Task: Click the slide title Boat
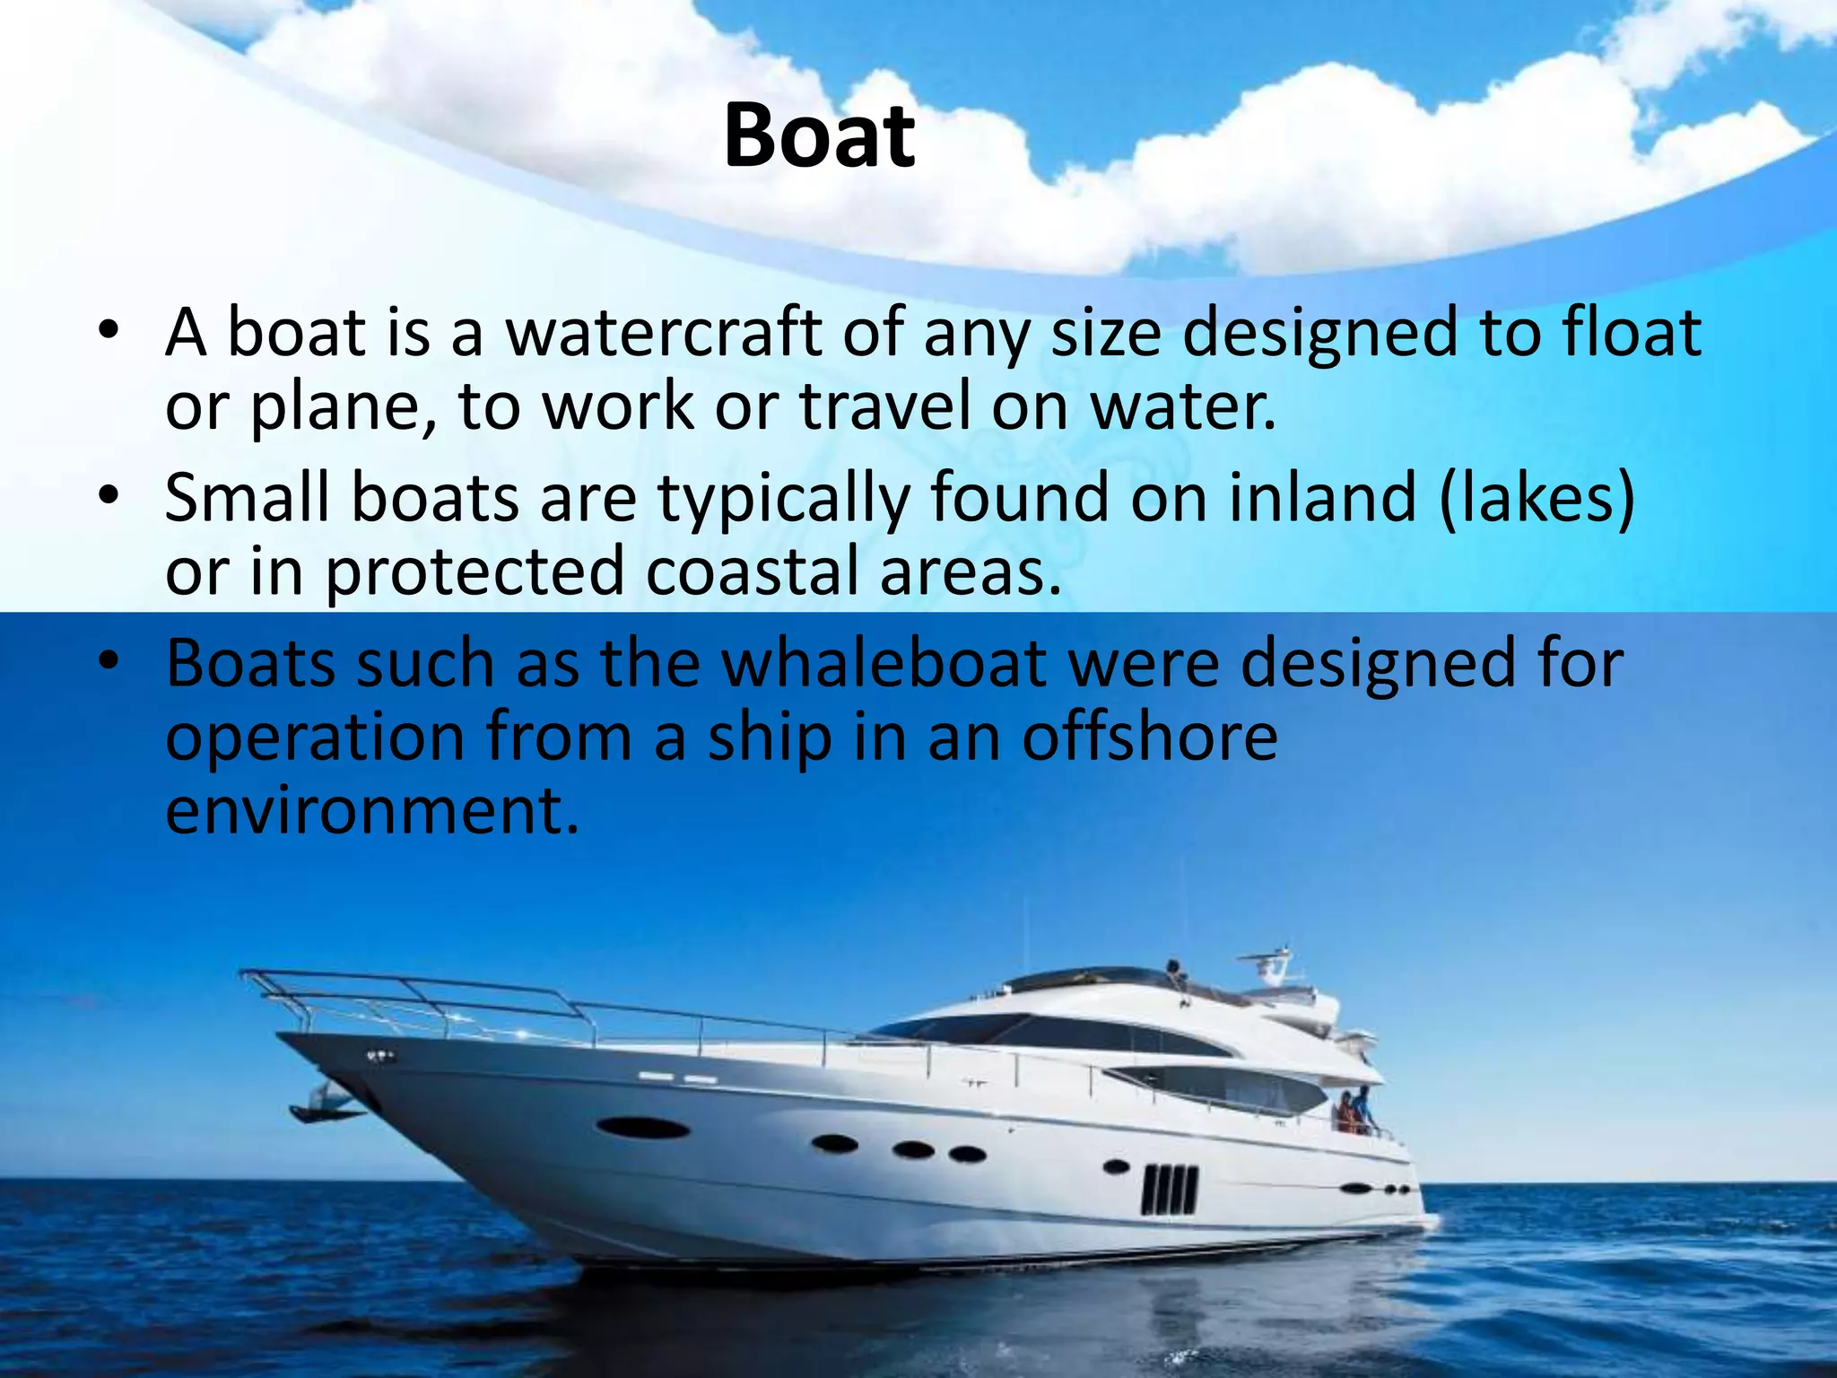coord(819,136)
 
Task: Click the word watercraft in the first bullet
coord(663,332)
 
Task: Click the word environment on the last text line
coord(371,812)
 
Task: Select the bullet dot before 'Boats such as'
coord(109,663)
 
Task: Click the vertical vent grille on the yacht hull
coord(1169,1190)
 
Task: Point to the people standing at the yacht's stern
coord(1354,1112)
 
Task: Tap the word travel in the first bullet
coord(884,406)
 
